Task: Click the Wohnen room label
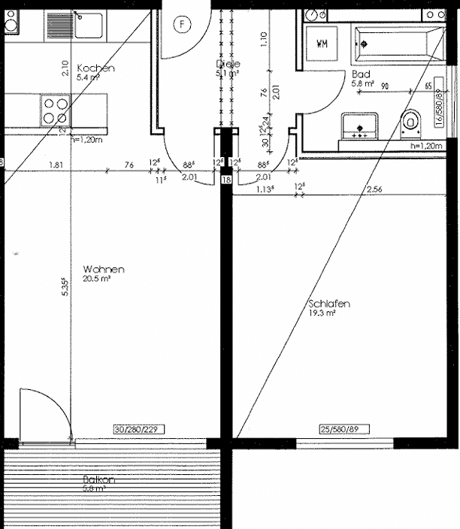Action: (x=104, y=269)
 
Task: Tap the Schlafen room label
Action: (x=329, y=304)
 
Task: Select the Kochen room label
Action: (x=96, y=68)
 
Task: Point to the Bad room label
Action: (x=360, y=74)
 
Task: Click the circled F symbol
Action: (x=180, y=24)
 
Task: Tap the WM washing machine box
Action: (x=323, y=43)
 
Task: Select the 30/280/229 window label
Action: (x=138, y=429)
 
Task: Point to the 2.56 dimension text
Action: (x=374, y=189)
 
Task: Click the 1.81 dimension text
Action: (x=56, y=165)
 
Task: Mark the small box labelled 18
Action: (x=226, y=180)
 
